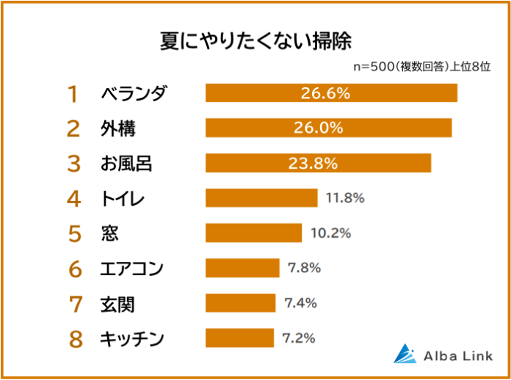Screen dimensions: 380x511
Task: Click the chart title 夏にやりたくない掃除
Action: [x=255, y=40]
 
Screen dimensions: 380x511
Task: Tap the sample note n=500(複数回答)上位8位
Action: [x=421, y=66]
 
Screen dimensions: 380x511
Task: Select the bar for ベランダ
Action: [x=331, y=93]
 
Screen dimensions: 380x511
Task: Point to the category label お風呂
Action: [x=126, y=163]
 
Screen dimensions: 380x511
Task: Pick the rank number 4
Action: [x=73, y=198]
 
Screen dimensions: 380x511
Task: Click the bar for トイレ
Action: [x=261, y=198]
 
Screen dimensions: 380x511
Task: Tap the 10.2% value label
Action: [x=330, y=233]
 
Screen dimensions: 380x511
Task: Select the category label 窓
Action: [x=109, y=233]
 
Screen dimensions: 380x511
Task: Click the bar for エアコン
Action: [x=242, y=268]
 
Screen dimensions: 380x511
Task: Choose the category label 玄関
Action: [x=117, y=303]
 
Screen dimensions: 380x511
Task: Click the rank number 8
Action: [x=73, y=338]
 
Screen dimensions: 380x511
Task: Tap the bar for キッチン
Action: [x=239, y=338]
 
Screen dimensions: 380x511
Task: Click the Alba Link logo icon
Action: [x=405, y=354]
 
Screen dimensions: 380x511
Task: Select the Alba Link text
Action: [x=457, y=356]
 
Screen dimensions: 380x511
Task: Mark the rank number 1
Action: [x=73, y=93]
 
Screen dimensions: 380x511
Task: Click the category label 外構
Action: [x=117, y=128]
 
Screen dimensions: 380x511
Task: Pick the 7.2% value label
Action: [x=299, y=338]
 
